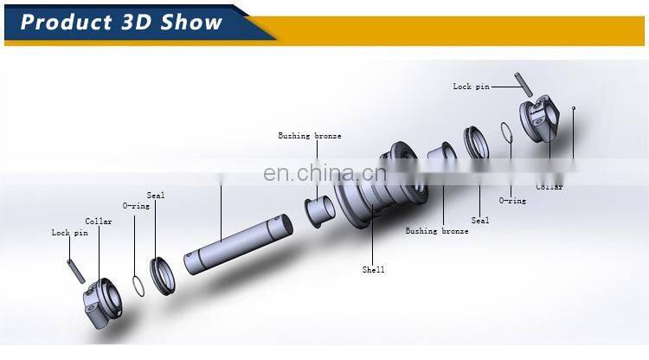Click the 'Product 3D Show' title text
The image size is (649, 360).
121,22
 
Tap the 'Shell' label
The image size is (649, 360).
373,270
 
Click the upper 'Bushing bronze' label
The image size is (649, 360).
309,136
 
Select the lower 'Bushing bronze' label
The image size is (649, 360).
437,231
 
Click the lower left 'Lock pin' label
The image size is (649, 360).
69,233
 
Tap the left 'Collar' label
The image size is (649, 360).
99,222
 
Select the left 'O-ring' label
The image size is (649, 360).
133,206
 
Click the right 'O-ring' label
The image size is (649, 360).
511,201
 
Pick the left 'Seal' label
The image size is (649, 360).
156,196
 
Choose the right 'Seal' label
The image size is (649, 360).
480,221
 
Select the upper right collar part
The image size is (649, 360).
542,122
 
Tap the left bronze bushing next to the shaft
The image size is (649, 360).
319,210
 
